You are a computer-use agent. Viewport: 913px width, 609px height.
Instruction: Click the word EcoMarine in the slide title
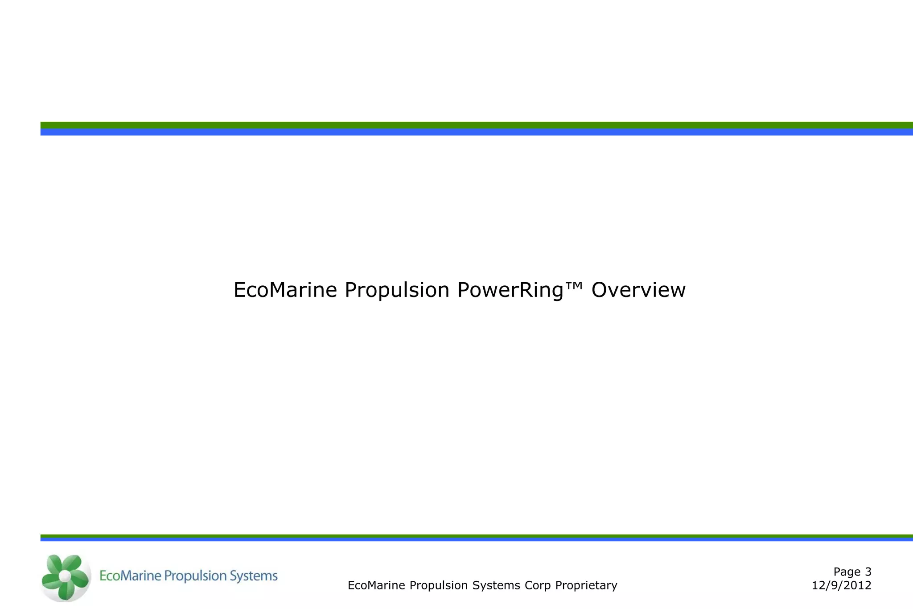(285, 290)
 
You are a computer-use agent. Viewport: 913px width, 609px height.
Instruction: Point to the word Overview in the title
(638, 290)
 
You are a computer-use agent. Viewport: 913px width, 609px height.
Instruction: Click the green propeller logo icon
(65, 577)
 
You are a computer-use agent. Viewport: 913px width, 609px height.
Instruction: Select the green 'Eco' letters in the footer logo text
(110, 576)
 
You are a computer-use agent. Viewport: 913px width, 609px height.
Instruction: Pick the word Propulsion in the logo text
(195, 576)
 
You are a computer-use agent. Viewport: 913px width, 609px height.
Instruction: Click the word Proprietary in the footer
(586, 585)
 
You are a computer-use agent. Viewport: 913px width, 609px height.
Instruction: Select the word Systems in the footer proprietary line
(496, 585)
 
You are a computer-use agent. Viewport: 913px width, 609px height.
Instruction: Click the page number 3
(868, 572)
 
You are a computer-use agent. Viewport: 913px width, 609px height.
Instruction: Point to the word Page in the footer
(847, 572)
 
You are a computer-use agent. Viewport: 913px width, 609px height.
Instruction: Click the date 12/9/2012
(841, 585)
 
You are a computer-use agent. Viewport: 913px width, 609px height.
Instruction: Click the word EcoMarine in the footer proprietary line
(376, 585)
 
